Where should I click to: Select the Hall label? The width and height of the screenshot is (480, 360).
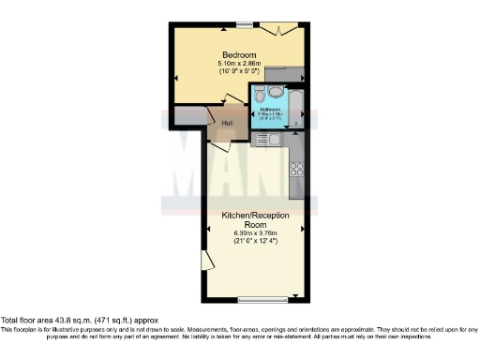[227, 122]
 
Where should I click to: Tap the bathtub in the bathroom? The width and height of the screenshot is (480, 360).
[296, 105]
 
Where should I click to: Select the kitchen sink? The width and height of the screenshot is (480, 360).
[262, 140]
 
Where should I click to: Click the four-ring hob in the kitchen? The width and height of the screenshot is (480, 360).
[298, 170]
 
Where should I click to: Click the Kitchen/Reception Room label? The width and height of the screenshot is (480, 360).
[255, 219]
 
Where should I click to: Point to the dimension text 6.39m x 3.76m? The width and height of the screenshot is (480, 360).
[255, 232]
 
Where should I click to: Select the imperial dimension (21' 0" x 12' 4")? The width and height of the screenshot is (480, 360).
[255, 241]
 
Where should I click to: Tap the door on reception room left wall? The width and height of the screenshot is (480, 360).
[205, 262]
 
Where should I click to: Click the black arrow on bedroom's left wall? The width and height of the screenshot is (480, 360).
[172, 76]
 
